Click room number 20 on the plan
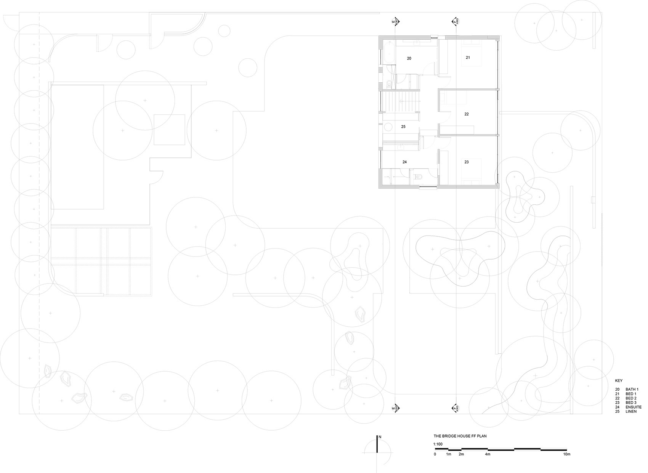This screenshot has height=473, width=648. pos(409,58)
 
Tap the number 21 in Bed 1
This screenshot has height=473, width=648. pos(468,58)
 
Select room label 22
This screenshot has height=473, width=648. pos(467,114)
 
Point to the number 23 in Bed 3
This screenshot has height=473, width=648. pos(467,162)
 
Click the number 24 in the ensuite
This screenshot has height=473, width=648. pos(404,162)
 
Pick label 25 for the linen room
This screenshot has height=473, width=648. pos(403,127)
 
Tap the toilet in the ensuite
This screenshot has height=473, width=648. pos(417,177)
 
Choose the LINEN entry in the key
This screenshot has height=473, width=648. pos(631,412)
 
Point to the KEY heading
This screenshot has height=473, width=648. pos(619,381)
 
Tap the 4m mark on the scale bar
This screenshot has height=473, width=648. pos(488,454)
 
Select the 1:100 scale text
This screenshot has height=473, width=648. pos(438,444)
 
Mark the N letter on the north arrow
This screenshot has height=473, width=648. pos(380,437)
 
